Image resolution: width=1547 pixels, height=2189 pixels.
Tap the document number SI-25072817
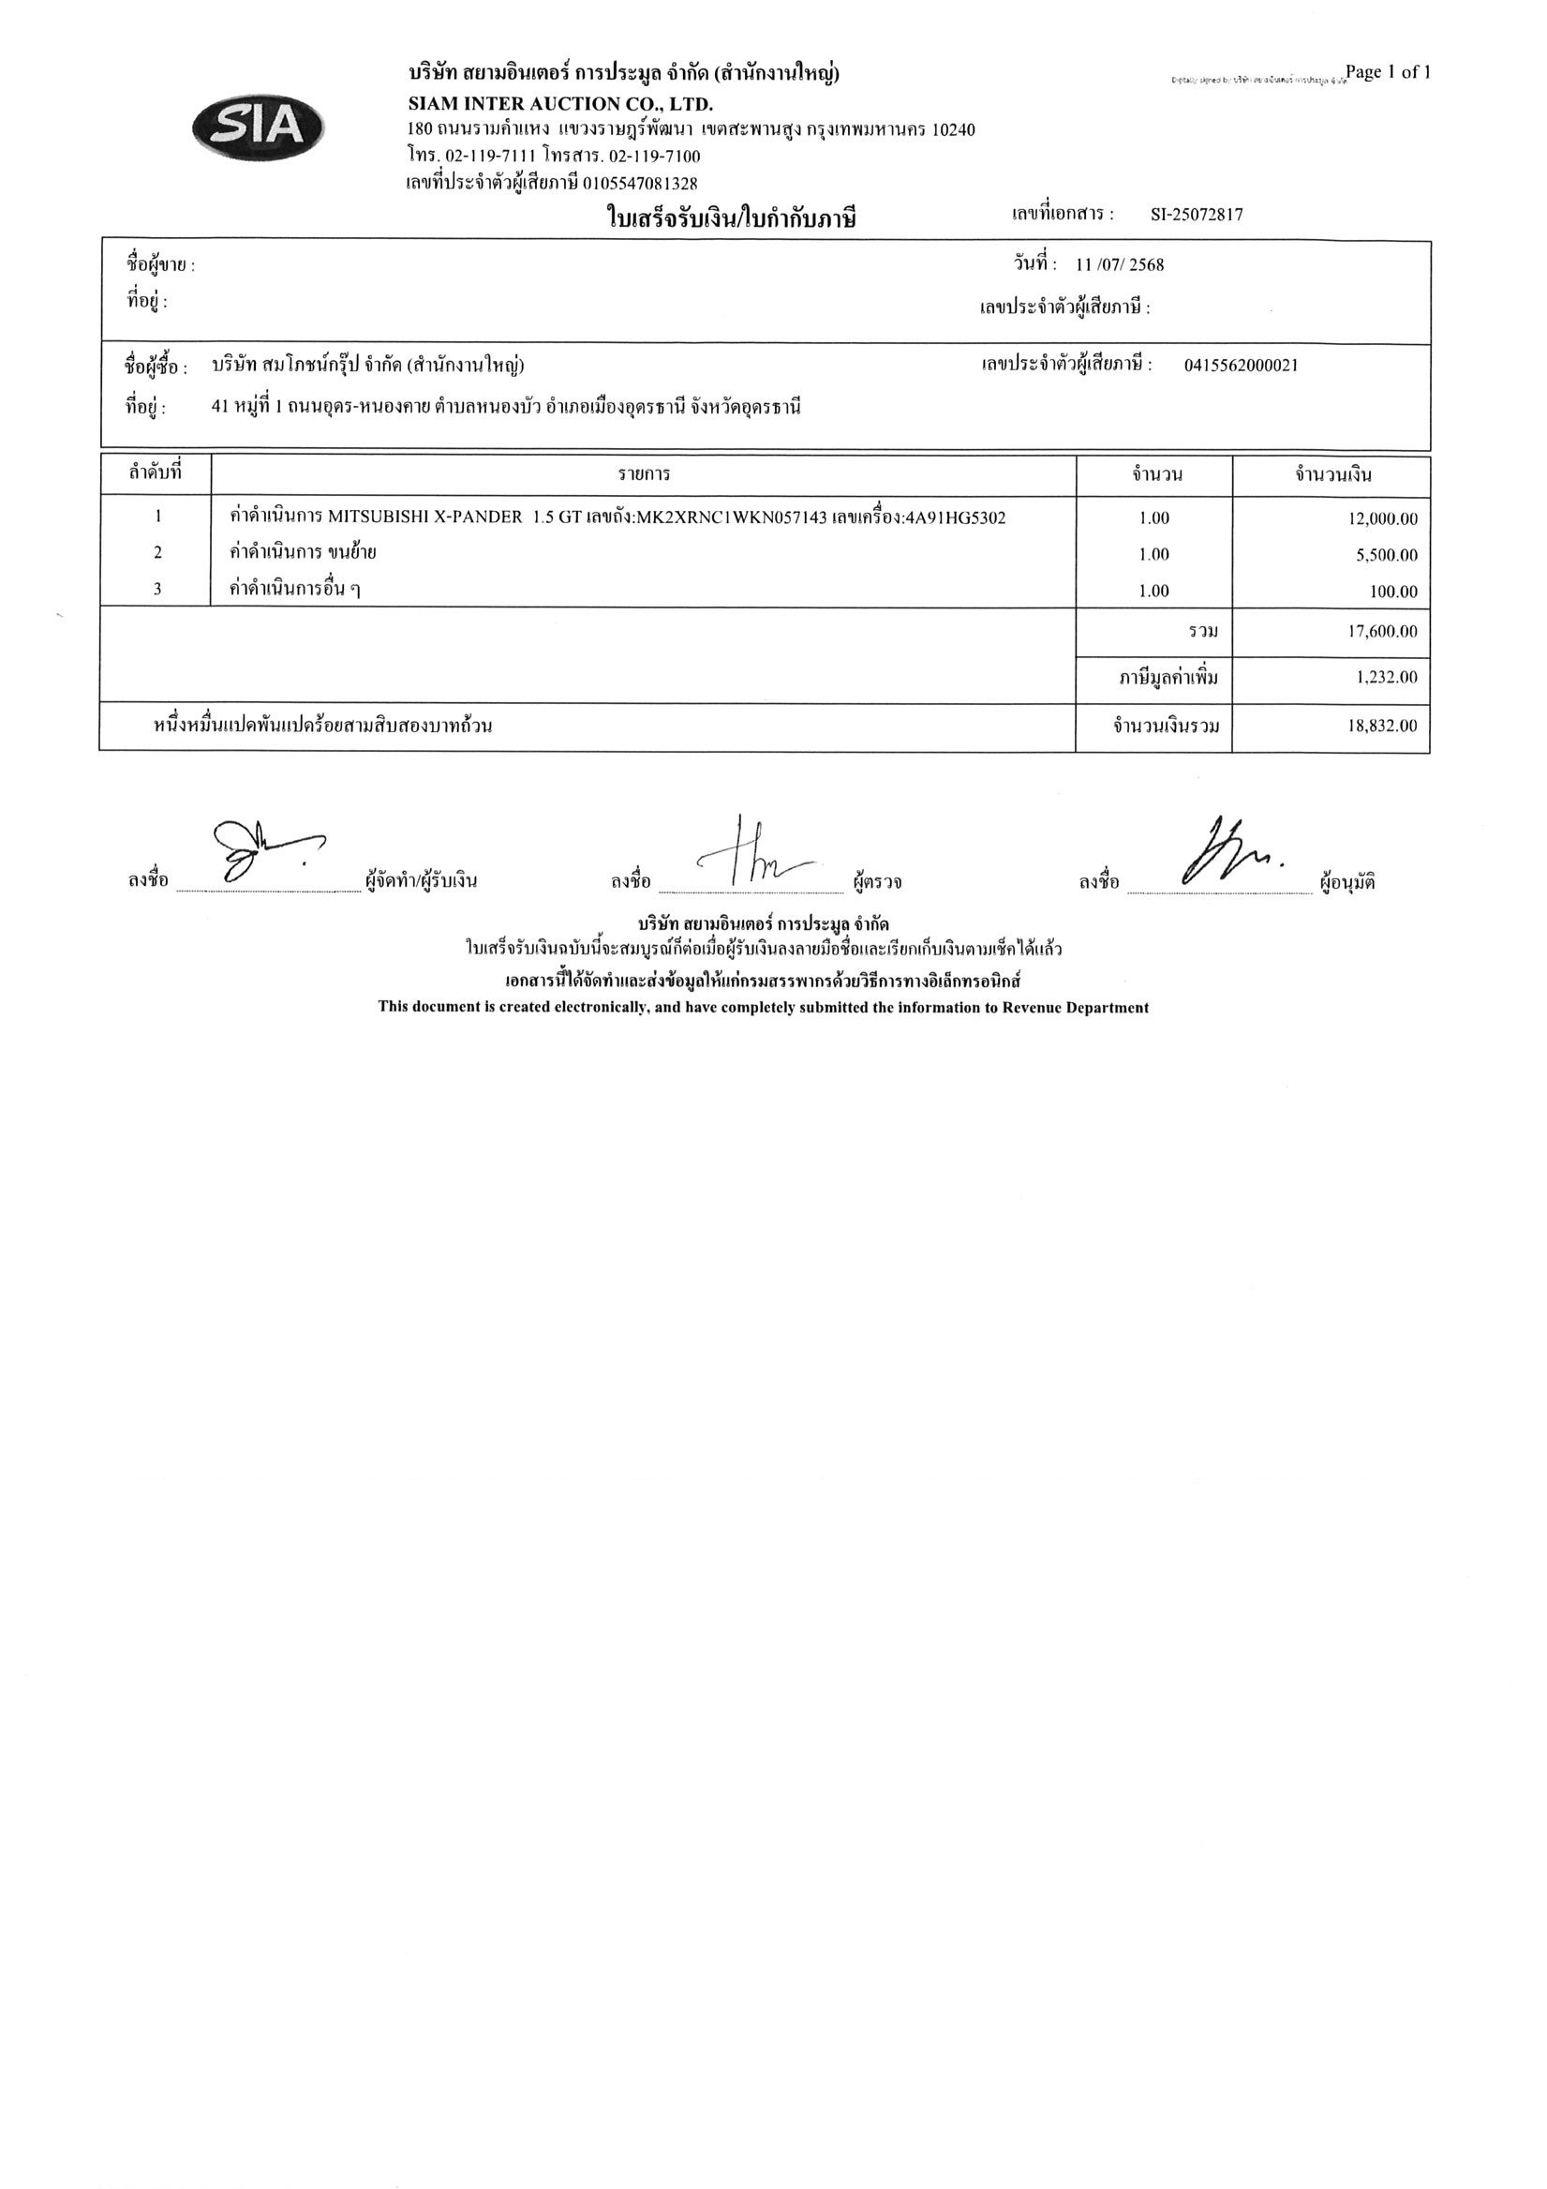(1197, 216)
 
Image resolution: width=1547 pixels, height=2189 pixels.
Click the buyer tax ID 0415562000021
(1240, 366)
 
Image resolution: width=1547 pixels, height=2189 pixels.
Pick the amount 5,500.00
(1386, 555)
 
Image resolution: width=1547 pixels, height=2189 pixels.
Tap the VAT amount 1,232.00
(1386, 678)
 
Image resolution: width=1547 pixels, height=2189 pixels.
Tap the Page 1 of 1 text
(1388, 72)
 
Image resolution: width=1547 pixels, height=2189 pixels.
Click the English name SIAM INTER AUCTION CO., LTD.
(560, 104)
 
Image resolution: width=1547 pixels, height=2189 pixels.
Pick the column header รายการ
(644, 473)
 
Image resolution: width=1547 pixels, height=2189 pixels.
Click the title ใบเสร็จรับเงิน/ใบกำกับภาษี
(732, 219)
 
